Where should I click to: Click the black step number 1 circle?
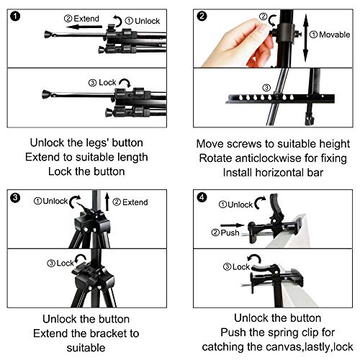click(12, 14)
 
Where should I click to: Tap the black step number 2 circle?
click(202, 14)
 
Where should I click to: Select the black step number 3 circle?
click(12, 196)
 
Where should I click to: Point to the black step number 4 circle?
click(202, 196)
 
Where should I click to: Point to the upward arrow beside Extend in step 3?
click(106, 203)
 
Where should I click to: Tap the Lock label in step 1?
click(86, 82)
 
